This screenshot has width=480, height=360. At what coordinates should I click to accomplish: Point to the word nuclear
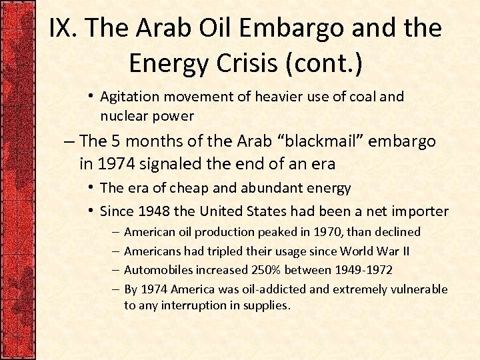[123, 116]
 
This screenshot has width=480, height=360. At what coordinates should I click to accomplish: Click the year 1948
[155, 211]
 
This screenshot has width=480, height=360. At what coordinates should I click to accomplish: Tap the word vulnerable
[419, 289]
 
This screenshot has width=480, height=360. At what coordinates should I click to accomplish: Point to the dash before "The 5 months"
[69, 142]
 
